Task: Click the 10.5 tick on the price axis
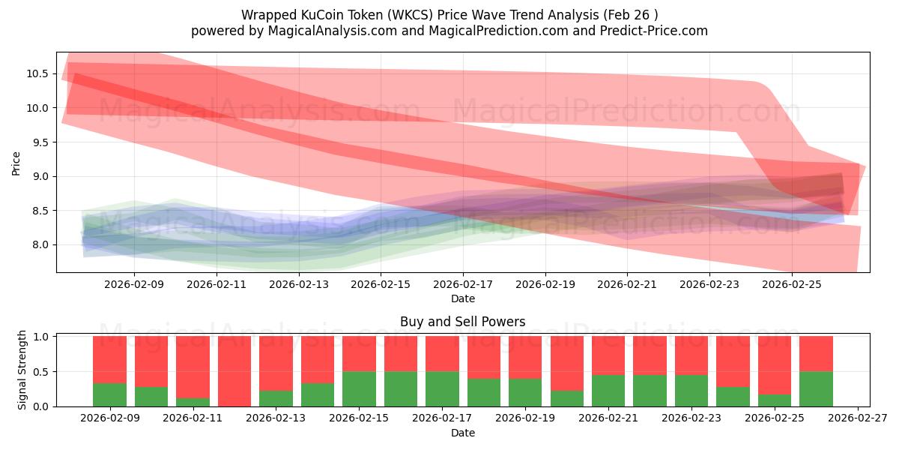(37, 73)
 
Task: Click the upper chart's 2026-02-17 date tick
(462, 285)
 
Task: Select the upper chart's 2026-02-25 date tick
(792, 285)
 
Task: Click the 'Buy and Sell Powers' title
(462, 322)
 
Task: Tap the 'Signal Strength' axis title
(22, 370)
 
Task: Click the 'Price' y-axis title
(16, 163)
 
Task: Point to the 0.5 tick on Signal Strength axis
(42, 371)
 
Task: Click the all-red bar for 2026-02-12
(234, 371)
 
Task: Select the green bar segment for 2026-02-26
(816, 389)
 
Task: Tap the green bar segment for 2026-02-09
(109, 395)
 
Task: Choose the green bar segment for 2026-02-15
(359, 389)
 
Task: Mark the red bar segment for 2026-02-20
(566, 363)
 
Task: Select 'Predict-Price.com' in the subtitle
(653, 31)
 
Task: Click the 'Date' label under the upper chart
(462, 298)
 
